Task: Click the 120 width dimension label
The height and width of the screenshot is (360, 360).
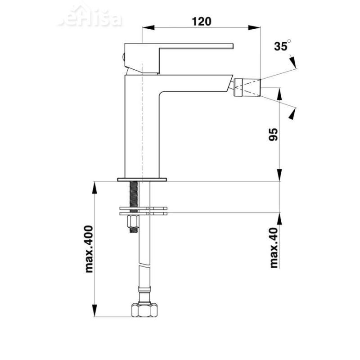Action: pos(201,21)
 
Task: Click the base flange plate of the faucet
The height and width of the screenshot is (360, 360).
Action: pos(142,180)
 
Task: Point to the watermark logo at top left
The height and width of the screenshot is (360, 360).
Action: pos(90,18)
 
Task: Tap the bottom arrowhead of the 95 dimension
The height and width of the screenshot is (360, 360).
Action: pos(279,175)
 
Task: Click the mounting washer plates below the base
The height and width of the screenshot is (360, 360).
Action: pos(143,210)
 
